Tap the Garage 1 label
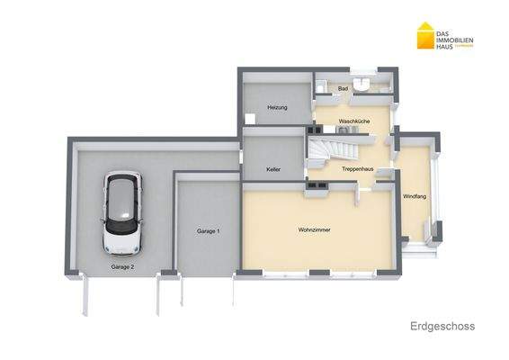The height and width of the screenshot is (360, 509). click(209, 231)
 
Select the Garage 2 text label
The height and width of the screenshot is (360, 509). click(122, 267)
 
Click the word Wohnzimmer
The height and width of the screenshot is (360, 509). click(314, 230)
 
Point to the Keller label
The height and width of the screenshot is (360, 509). click(273, 169)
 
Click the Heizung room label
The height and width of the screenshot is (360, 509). click(277, 108)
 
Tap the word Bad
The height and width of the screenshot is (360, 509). click(343, 88)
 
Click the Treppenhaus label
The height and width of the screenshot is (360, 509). click(358, 169)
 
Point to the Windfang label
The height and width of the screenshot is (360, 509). click(414, 196)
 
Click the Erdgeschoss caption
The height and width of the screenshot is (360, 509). click(442, 326)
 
